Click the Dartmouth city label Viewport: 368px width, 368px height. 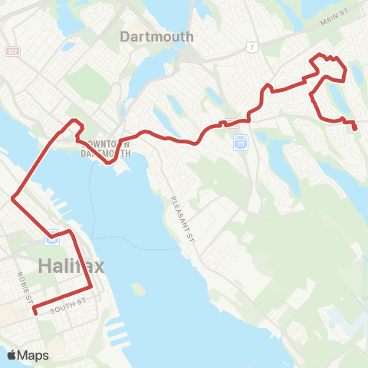tap(156, 36)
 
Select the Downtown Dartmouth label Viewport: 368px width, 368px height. tap(105, 148)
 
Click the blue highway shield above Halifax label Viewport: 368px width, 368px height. tap(52, 238)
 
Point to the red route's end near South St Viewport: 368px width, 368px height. tap(34, 311)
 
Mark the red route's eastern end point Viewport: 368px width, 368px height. tap(356, 129)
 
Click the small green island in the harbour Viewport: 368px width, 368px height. tap(138, 290)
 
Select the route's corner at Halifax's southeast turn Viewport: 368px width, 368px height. tap(91, 287)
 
